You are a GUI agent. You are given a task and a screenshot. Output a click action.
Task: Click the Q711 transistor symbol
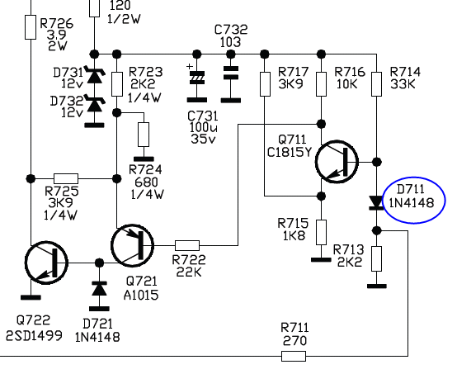point(337,162)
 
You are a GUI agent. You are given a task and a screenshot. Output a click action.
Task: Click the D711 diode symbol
point(376,203)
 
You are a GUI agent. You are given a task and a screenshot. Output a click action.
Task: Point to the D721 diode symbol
point(99,289)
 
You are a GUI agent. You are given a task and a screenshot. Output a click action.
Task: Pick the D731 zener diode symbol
point(94,74)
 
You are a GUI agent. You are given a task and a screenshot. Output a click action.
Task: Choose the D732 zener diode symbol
point(94,103)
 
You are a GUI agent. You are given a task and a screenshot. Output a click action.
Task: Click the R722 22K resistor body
point(187,246)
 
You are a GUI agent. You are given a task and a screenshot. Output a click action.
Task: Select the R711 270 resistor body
point(294,356)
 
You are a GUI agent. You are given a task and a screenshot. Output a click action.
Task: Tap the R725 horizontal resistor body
point(66,178)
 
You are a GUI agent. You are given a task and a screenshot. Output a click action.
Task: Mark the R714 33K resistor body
point(376,84)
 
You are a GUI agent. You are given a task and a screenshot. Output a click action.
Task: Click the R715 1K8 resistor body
point(321,232)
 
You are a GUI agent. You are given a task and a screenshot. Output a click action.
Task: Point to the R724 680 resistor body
point(144,135)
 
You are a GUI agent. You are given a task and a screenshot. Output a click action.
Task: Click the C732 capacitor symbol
point(230,73)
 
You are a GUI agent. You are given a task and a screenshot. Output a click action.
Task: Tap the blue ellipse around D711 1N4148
point(383,201)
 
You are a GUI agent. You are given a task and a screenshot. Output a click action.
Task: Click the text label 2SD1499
point(34,336)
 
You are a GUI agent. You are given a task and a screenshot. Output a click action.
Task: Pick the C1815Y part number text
point(289,152)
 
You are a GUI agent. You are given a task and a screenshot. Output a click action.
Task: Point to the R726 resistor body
point(31,27)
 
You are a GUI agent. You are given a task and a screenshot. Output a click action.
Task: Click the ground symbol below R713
point(376,286)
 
